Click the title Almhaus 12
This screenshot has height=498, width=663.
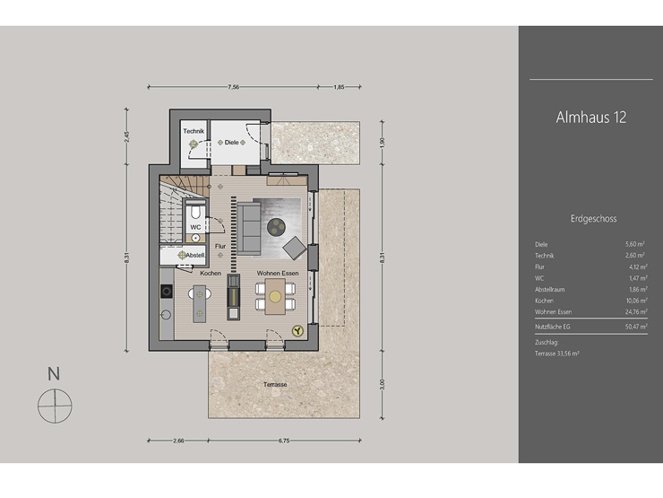pyautogui.click(x=590, y=118)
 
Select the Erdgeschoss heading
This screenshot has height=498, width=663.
pyautogui.click(x=592, y=218)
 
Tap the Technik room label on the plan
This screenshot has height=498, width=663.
pyautogui.click(x=194, y=132)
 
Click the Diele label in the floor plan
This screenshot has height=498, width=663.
pyautogui.click(x=232, y=142)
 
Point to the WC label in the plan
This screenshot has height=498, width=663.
pyautogui.click(x=194, y=227)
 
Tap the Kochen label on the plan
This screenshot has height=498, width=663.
pyautogui.click(x=211, y=273)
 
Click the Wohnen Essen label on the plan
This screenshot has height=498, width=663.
pyautogui.click(x=278, y=273)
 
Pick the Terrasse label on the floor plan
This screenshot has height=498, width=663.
pyautogui.click(x=275, y=384)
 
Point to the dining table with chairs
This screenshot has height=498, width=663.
pyautogui.click(x=274, y=297)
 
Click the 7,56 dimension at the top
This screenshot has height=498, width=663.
pyautogui.click(x=233, y=87)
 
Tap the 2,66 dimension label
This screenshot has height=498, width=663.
pyautogui.click(x=178, y=441)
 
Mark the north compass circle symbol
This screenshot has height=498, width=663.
pyautogui.click(x=54, y=405)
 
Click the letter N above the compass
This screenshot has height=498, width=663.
pyautogui.click(x=54, y=373)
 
